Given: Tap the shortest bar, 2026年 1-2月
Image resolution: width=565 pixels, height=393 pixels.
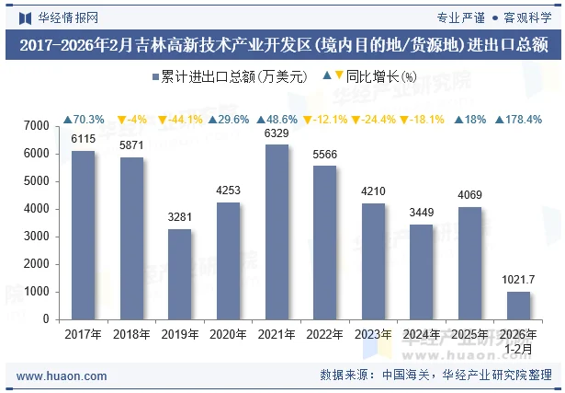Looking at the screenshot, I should (x=518, y=306).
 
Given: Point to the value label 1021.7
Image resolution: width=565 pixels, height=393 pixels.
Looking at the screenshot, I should (x=519, y=280).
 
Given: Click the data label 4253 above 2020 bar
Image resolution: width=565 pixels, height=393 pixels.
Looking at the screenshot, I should (x=229, y=191).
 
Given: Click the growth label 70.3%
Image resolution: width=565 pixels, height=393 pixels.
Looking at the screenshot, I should (x=84, y=120).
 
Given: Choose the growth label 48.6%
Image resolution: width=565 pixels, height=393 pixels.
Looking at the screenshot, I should (x=277, y=120).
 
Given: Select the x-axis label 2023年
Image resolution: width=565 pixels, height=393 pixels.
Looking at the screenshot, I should (x=373, y=335).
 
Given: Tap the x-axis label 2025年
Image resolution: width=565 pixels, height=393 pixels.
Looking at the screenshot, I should (x=469, y=335).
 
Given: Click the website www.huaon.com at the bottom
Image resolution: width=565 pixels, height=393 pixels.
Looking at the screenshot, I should (x=62, y=376).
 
